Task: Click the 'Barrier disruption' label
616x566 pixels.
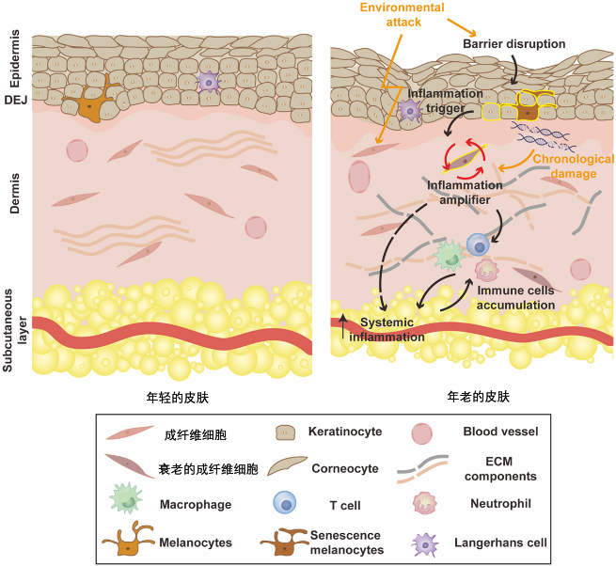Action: (x=514, y=44)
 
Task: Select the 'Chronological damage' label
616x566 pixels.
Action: (x=573, y=166)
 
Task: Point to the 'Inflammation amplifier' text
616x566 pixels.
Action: (x=465, y=192)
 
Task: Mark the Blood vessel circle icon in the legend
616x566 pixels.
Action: (x=422, y=433)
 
